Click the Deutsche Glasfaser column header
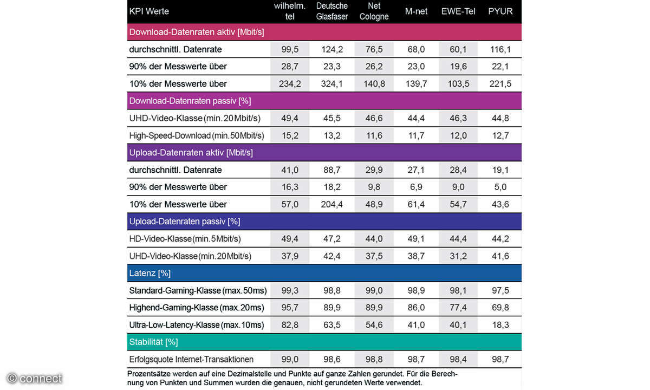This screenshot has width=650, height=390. pyautogui.click(x=332, y=11)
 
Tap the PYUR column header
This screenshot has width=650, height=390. pyautogui.click(x=500, y=11)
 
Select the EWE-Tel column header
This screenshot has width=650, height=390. pyautogui.click(x=458, y=11)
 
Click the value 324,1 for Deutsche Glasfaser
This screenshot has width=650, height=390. pyautogui.click(x=332, y=84)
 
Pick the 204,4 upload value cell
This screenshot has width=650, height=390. pyautogui.click(x=332, y=204)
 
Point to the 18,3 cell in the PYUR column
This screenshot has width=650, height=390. pyautogui.click(x=500, y=325)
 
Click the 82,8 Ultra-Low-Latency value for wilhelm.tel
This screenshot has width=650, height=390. pyautogui.click(x=290, y=325)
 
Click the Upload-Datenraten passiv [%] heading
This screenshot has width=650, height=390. pyautogui.click(x=184, y=221)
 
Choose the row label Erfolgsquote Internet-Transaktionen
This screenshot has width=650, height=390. pyautogui.click(x=191, y=359)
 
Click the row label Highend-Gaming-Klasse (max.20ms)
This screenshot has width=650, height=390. pyautogui.click(x=197, y=308)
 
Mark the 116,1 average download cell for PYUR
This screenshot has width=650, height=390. pyautogui.click(x=500, y=49)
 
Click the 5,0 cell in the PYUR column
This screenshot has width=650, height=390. pyautogui.click(x=500, y=187)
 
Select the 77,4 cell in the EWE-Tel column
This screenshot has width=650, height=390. pyautogui.click(x=458, y=308)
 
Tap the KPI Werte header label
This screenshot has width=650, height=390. pyautogui.click(x=149, y=11)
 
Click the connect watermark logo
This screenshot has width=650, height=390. pyautogui.click(x=35, y=378)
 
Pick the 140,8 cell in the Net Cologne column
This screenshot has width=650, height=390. pyautogui.click(x=374, y=84)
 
